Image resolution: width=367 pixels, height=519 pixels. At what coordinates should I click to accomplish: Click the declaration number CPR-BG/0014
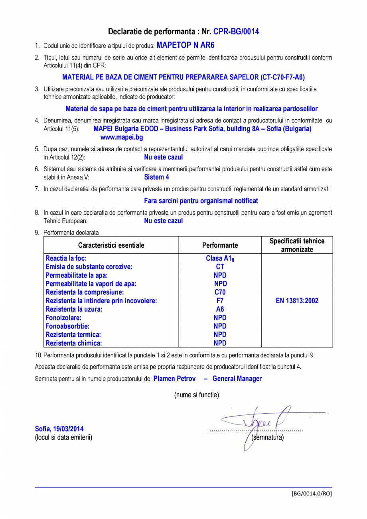pos(236,32)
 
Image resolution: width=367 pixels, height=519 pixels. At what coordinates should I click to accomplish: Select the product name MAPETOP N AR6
pos(185,45)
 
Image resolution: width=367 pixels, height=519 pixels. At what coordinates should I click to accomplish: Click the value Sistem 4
pos(156,177)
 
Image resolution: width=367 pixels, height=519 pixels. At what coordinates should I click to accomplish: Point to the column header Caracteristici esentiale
pos(111,245)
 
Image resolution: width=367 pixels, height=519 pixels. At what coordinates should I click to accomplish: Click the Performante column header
pos(220,245)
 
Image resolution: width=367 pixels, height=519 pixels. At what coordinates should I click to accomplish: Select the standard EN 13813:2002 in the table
pos(297,301)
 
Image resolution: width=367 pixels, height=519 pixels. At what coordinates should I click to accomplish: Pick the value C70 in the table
pos(220,292)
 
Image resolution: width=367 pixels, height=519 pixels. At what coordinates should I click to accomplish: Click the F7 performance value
pos(220,301)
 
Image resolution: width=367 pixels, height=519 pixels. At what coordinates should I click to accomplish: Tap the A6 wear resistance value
pos(220,309)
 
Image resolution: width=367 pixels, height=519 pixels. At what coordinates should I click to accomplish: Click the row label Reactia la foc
pos(66,259)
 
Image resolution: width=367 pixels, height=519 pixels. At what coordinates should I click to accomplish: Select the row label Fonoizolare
pos(63,318)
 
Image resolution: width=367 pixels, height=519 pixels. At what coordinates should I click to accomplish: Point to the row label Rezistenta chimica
pos(74,343)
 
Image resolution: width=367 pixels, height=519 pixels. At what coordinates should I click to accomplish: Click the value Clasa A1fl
pos(220,259)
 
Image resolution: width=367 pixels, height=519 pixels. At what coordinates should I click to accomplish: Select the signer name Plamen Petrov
pos(174,379)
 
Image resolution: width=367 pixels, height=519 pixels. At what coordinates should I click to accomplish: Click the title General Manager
pos(237,379)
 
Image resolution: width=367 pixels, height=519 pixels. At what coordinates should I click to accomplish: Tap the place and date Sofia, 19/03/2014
pos(59,429)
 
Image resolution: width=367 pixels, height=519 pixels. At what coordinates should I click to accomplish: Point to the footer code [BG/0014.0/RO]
pos(312,493)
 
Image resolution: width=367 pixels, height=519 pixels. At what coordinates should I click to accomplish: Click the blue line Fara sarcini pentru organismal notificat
pos(201,201)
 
